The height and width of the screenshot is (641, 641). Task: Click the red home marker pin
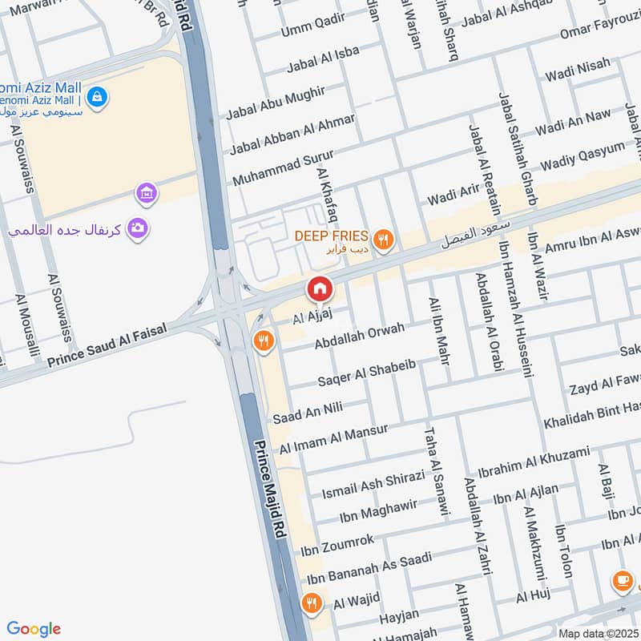click(x=319, y=289)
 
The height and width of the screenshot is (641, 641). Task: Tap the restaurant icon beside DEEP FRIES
click(x=385, y=237)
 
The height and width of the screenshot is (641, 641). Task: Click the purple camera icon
click(x=138, y=229)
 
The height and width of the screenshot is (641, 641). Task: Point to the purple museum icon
click(x=147, y=192)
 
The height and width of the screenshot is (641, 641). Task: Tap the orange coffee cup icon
click(x=622, y=580)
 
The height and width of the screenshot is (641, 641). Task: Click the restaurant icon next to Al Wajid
click(x=311, y=603)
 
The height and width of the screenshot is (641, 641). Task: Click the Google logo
click(x=34, y=629)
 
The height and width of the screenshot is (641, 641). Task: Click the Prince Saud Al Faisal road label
click(x=107, y=340)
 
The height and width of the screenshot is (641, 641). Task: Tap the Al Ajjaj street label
click(x=312, y=318)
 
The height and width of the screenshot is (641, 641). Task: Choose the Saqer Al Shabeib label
click(x=366, y=371)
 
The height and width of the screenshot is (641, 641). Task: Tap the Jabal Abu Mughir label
click(x=275, y=104)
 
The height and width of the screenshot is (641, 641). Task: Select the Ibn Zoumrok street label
click(x=337, y=546)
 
